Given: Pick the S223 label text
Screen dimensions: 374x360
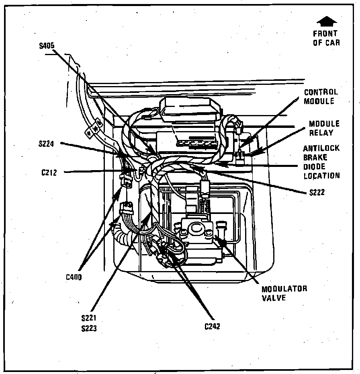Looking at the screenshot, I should [89, 328].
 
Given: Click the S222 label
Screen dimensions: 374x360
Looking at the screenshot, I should [317, 192].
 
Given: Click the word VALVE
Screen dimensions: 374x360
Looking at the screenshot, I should [274, 298].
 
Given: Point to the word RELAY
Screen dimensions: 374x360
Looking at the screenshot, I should [321, 133].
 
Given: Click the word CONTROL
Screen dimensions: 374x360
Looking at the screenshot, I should [321, 92].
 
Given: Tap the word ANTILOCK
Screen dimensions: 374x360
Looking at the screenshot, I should [321, 148].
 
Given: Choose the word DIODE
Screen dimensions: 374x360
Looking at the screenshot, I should [315, 166].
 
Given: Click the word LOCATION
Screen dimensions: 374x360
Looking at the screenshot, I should [321, 176].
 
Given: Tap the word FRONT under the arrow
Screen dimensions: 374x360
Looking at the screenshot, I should [325, 33].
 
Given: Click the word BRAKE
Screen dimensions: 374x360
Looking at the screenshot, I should [315, 157].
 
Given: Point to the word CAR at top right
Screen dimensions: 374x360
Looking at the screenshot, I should [332, 43].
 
